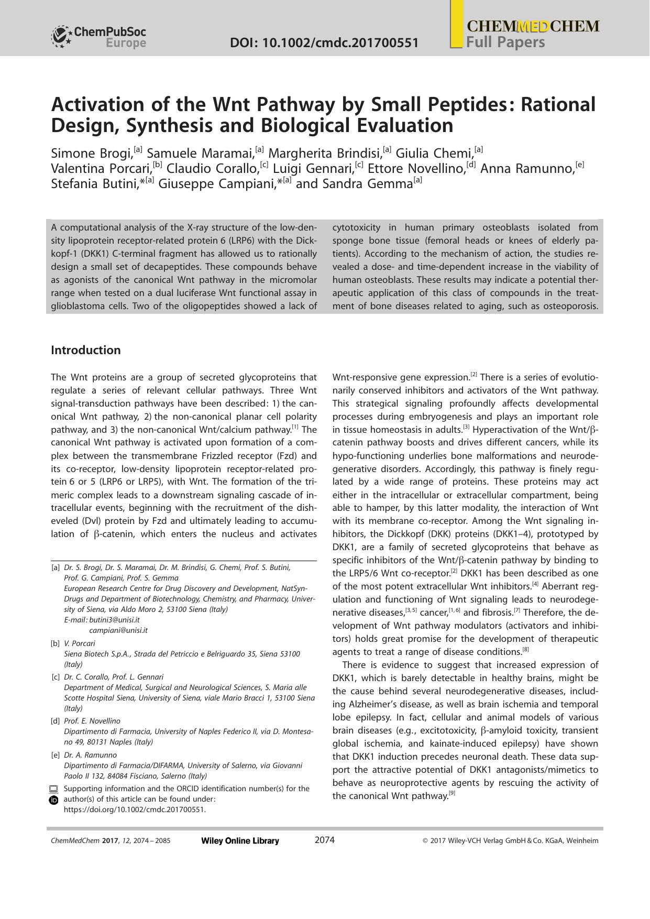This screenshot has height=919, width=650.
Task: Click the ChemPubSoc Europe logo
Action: pos(98,37)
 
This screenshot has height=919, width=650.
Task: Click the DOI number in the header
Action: pos(324,42)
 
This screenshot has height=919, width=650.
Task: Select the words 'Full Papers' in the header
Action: pos(505,42)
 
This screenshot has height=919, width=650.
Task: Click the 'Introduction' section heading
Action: pos(85,350)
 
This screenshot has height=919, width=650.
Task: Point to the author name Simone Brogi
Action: pos(91,154)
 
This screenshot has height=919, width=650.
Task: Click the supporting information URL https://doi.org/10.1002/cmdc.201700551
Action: pos(135,809)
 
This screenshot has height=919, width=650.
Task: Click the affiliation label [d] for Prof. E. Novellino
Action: pos(55,721)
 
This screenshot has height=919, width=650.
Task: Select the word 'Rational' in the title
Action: pos(558,105)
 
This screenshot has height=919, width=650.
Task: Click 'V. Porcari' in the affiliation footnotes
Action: pos(80,643)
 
